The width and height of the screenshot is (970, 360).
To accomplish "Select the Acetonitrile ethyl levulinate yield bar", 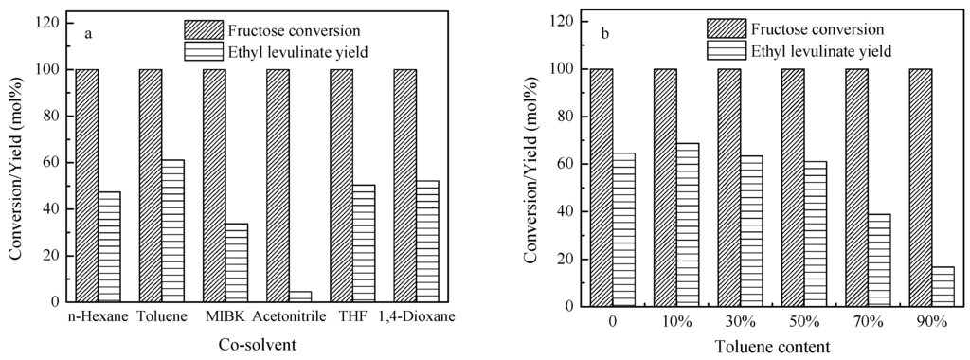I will click(299, 297).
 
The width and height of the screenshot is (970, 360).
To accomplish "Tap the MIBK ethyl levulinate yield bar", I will click(236, 262).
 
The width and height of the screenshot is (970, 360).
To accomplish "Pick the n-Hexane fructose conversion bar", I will click(87, 186).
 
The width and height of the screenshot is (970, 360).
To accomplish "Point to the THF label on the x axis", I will click(350, 317).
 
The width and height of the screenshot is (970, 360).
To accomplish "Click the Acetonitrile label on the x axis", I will click(288, 317).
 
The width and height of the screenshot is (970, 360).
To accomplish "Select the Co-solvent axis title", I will click(256, 342).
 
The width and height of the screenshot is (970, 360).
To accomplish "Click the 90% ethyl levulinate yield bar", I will click(943, 286).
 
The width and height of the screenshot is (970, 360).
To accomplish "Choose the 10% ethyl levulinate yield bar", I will click(687, 225).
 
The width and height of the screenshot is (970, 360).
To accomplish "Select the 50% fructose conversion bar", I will click(793, 188).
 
